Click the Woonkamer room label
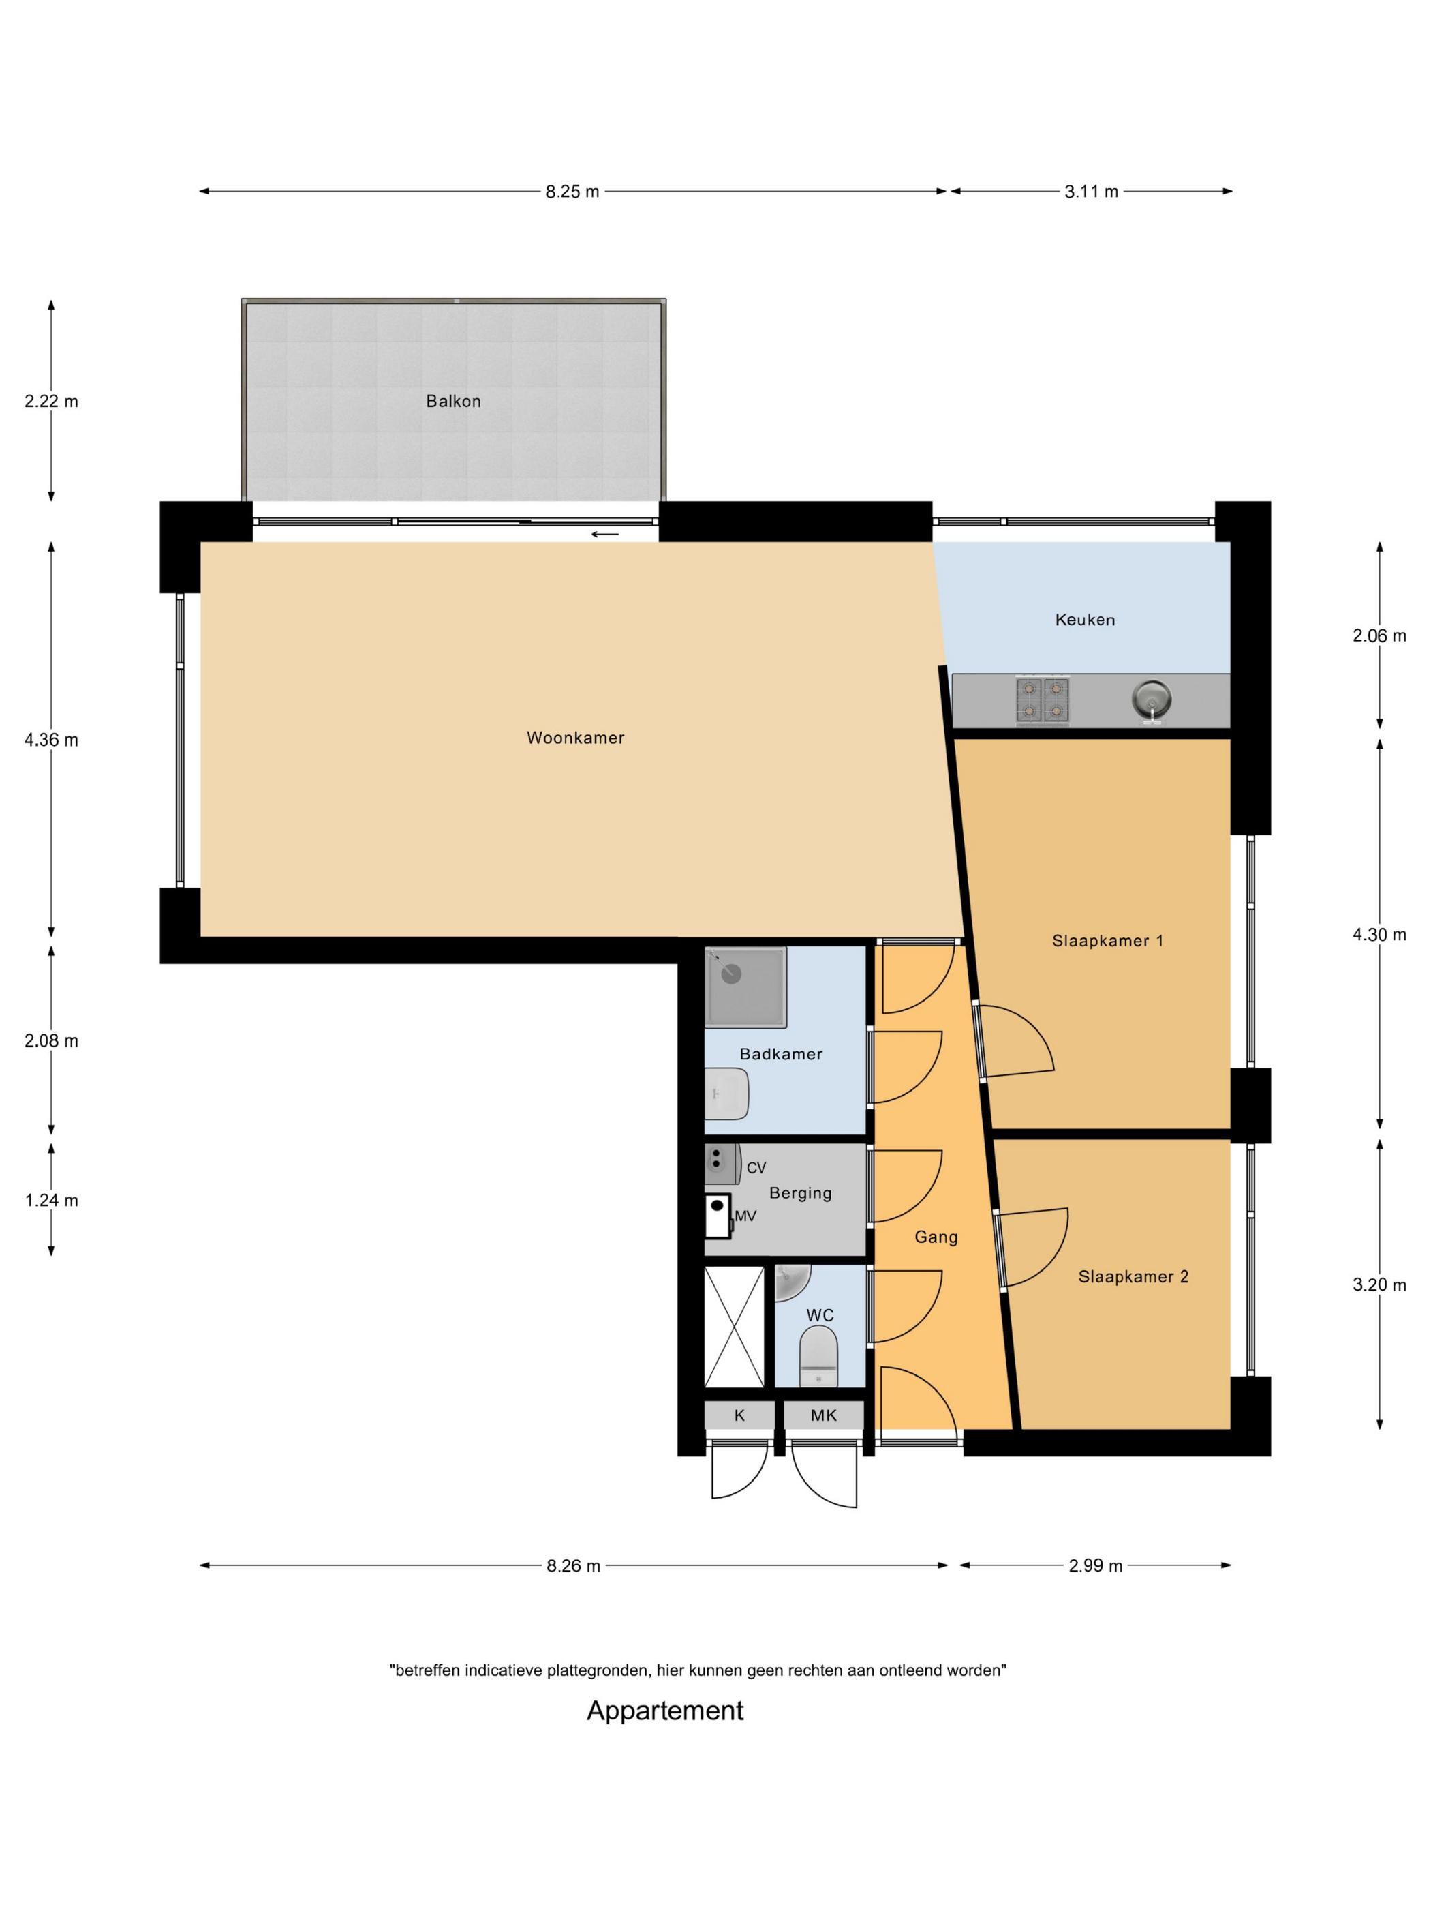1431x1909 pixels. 575,738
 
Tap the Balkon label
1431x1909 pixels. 453,402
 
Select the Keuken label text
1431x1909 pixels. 1085,620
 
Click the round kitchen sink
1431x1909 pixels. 1151,698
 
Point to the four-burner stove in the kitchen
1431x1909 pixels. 1044,699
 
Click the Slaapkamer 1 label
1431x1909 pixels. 1107,941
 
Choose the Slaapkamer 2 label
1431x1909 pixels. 1133,1276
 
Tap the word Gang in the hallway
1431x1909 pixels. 936,1237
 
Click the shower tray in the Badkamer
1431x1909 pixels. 746,987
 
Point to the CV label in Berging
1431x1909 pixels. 756,1168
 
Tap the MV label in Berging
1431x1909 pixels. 745,1216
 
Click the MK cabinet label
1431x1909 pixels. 824,1416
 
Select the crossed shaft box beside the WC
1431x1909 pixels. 735,1327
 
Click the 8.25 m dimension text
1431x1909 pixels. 572,192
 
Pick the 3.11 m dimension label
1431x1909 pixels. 1091,192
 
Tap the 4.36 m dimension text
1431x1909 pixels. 51,740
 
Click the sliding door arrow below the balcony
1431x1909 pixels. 606,535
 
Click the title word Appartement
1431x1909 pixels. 665,1711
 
